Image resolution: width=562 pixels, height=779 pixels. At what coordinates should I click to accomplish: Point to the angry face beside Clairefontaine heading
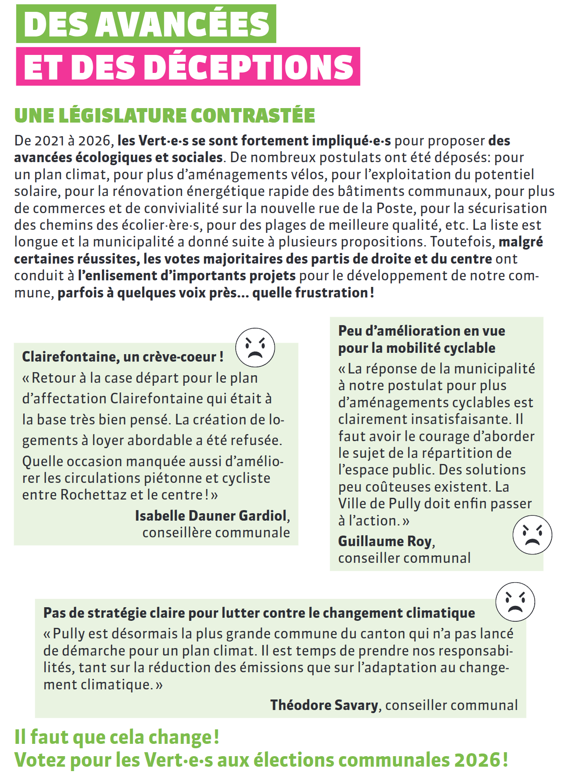(x=255, y=348)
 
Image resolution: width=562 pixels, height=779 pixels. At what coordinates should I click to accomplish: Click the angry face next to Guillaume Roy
(x=532, y=535)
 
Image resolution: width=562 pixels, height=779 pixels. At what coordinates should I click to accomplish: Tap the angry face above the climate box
(x=515, y=602)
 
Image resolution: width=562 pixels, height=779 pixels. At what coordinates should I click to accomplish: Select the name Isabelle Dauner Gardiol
(x=211, y=515)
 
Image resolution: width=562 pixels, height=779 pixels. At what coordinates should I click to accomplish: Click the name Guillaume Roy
(x=385, y=541)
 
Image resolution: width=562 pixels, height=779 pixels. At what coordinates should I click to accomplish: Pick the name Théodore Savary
(x=324, y=705)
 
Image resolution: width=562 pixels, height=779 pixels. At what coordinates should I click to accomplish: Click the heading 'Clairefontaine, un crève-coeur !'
(x=123, y=356)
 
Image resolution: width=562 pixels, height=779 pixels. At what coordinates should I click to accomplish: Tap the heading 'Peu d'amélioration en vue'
(x=421, y=330)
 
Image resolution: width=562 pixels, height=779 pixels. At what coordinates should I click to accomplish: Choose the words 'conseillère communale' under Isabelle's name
(x=216, y=533)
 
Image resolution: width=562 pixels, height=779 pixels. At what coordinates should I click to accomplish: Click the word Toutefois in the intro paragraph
(x=462, y=242)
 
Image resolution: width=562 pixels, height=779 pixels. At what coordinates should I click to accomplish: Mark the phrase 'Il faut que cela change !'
(x=117, y=737)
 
